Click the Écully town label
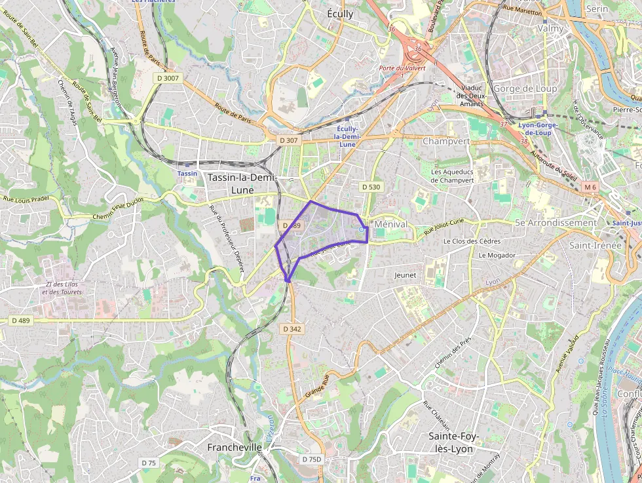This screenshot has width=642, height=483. (x=340, y=14)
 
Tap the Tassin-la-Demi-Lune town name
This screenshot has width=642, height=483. (x=242, y=184)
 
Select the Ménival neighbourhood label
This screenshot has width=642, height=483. (x=391, y=224)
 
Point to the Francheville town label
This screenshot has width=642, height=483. (x=235, y=447)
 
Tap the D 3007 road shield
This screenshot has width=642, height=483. (x=168, y=78)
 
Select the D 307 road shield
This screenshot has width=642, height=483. (x=288, y=140)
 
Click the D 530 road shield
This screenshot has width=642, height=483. (x=371, y=187)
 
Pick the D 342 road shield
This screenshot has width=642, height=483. (x=292, y=328)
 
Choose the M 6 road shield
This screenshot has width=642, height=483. (x=590, y=187)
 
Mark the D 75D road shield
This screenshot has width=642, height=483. (x=312, y=459)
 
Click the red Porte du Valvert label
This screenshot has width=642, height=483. (x=402, y=68)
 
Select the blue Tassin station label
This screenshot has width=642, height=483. (x=187, y=173)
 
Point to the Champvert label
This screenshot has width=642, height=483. (x=447, y=142)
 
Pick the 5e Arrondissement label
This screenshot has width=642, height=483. (x=556, y=223)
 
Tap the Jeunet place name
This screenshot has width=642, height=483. (x=406, y=275)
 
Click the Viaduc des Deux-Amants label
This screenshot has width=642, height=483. (x=472, y=96)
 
